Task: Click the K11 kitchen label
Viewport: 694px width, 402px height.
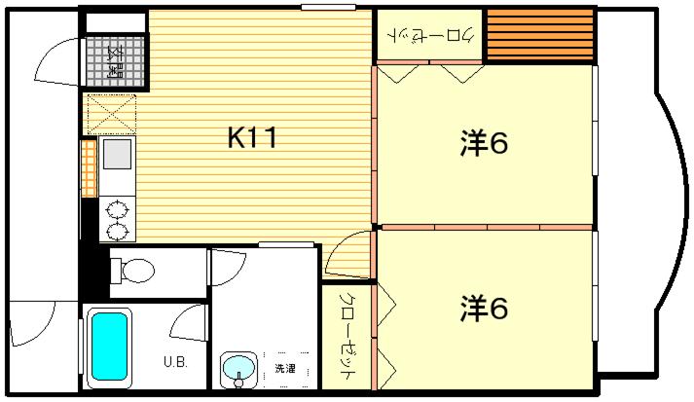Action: tap(252, 137)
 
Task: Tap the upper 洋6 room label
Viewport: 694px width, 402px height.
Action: tap(484, 143)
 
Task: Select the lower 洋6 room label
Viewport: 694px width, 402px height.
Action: tap(484, 309)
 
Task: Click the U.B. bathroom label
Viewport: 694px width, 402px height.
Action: tap(176, 362)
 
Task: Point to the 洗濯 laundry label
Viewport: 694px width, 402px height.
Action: tap(284, 368)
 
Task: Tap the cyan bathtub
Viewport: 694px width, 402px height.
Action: tap(109, 347)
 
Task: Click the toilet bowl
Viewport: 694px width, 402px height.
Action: tap(132, 271)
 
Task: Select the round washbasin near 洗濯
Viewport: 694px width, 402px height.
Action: tap(239, 368)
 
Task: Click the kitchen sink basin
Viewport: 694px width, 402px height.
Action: tap(118, 154)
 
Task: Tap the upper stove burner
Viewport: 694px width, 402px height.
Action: tap(117, 209)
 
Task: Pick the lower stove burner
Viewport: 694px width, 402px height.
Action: tap(117, 231)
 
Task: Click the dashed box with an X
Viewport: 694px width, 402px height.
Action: tap(112, 114)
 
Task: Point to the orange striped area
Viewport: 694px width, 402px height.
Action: tap(540, 34)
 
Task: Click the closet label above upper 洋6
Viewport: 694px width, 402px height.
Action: tap(430, 35)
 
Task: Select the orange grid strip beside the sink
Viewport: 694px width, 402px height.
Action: tap(89, 168)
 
